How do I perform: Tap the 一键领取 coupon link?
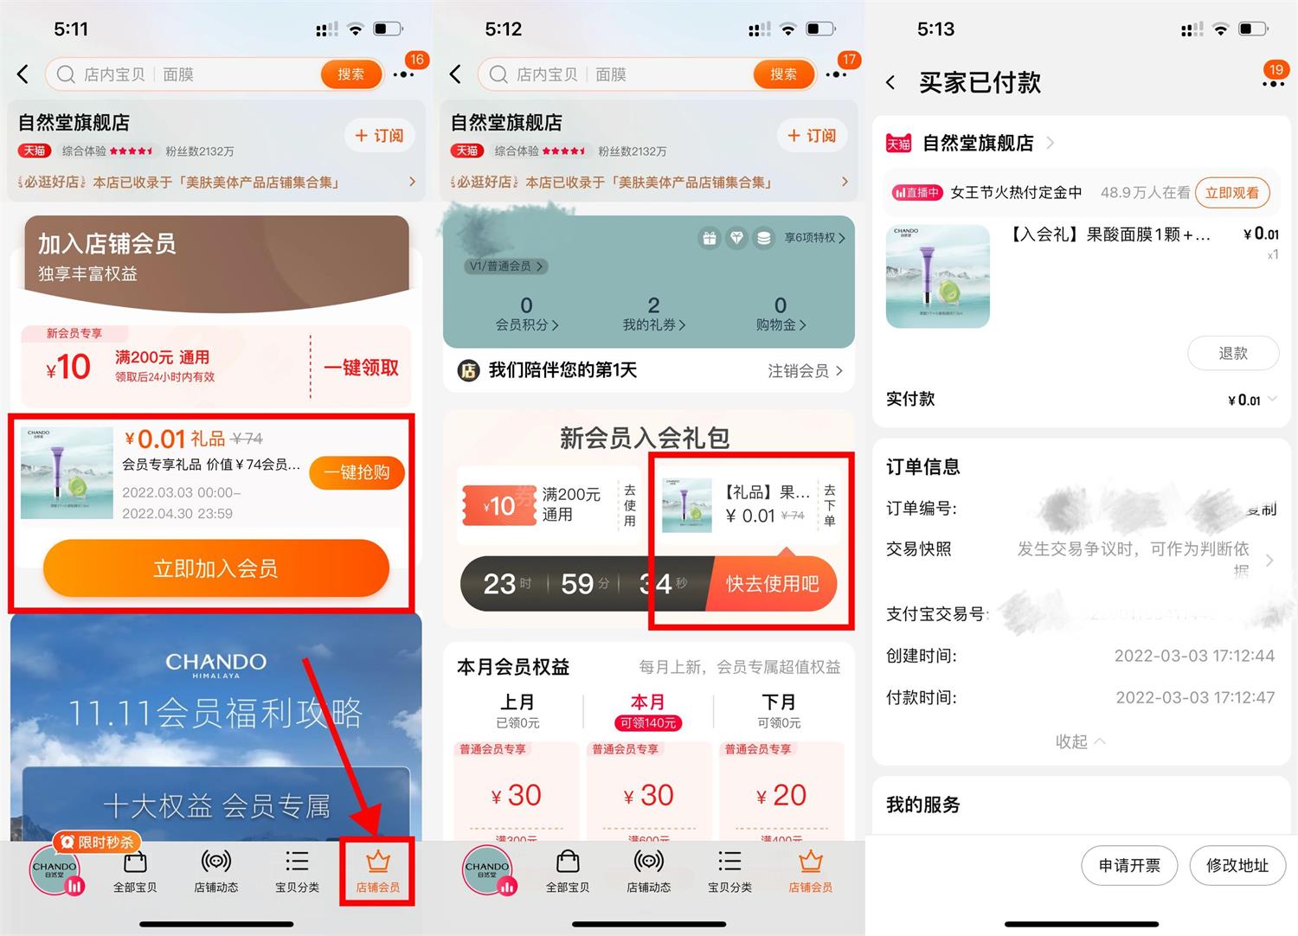tap(361, 368)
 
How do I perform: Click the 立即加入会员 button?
tap(215, 568)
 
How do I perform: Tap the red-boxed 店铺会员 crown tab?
tap(377, 871)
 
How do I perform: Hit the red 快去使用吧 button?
tap(772, 584)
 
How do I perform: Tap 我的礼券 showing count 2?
tap(654, 314)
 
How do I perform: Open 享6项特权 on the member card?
tap(814, 238)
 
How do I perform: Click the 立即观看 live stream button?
tap(1232, 193)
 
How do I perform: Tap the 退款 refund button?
tap(1233, 353)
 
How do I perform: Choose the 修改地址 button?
tap(1237, 865)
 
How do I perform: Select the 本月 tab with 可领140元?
tap(648, 711)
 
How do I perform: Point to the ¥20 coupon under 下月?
tap(781, 795)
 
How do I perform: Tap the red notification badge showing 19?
tap(1275, 70)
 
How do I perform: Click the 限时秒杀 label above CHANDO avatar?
tap(98, 842)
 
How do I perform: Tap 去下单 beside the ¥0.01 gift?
tap(830, 505)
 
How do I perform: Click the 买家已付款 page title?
tap(980, 83)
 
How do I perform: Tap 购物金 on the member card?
tap(781, 314)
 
